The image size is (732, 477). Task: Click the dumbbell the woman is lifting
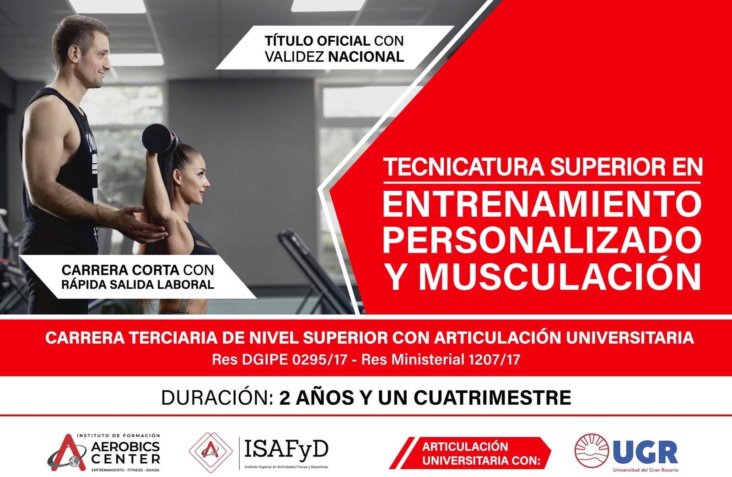(x=160, y=139)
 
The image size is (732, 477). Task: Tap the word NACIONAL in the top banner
(x=366, y=57)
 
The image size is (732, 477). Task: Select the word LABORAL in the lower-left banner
(x=186, y=284)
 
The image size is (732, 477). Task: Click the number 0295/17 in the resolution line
(x=320, y=360)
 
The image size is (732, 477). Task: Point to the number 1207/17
(x=494, y=360)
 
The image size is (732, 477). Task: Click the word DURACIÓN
(x=217, y=397)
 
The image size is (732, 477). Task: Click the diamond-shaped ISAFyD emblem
(x=211, y=452)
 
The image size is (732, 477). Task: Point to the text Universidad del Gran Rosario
(x=646, y=470)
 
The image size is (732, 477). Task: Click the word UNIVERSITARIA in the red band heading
(x=630, y=338)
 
